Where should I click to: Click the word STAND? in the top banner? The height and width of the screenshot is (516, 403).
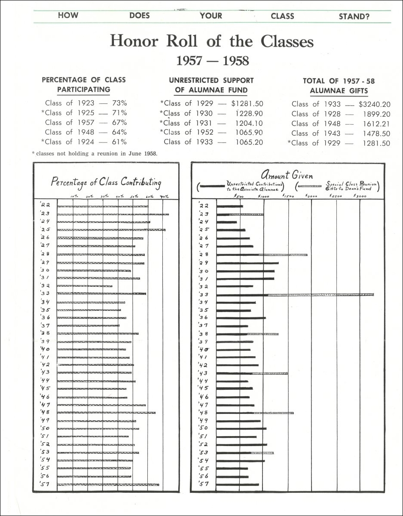click(354, 16)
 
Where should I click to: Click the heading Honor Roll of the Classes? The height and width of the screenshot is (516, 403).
click(211, 41)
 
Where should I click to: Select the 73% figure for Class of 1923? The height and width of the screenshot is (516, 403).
click(119, 103)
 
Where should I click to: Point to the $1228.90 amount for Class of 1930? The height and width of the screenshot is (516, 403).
click(247, 113)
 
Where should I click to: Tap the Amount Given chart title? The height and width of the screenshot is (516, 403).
click(286, 175)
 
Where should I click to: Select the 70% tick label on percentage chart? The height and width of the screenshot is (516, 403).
click(164, 197)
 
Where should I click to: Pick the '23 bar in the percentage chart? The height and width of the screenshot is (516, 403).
click(113, 214)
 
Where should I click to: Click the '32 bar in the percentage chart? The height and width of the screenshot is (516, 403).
click(84, 286)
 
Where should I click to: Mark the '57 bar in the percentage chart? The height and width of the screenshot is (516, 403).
click(108, 485)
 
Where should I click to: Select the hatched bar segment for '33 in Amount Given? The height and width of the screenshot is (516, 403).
click(321, 295)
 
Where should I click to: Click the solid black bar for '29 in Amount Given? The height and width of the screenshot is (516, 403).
click(247, 263)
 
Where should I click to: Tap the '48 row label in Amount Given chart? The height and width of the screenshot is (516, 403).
click(204, 413)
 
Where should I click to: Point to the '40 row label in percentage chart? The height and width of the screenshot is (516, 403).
click(46, 349)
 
